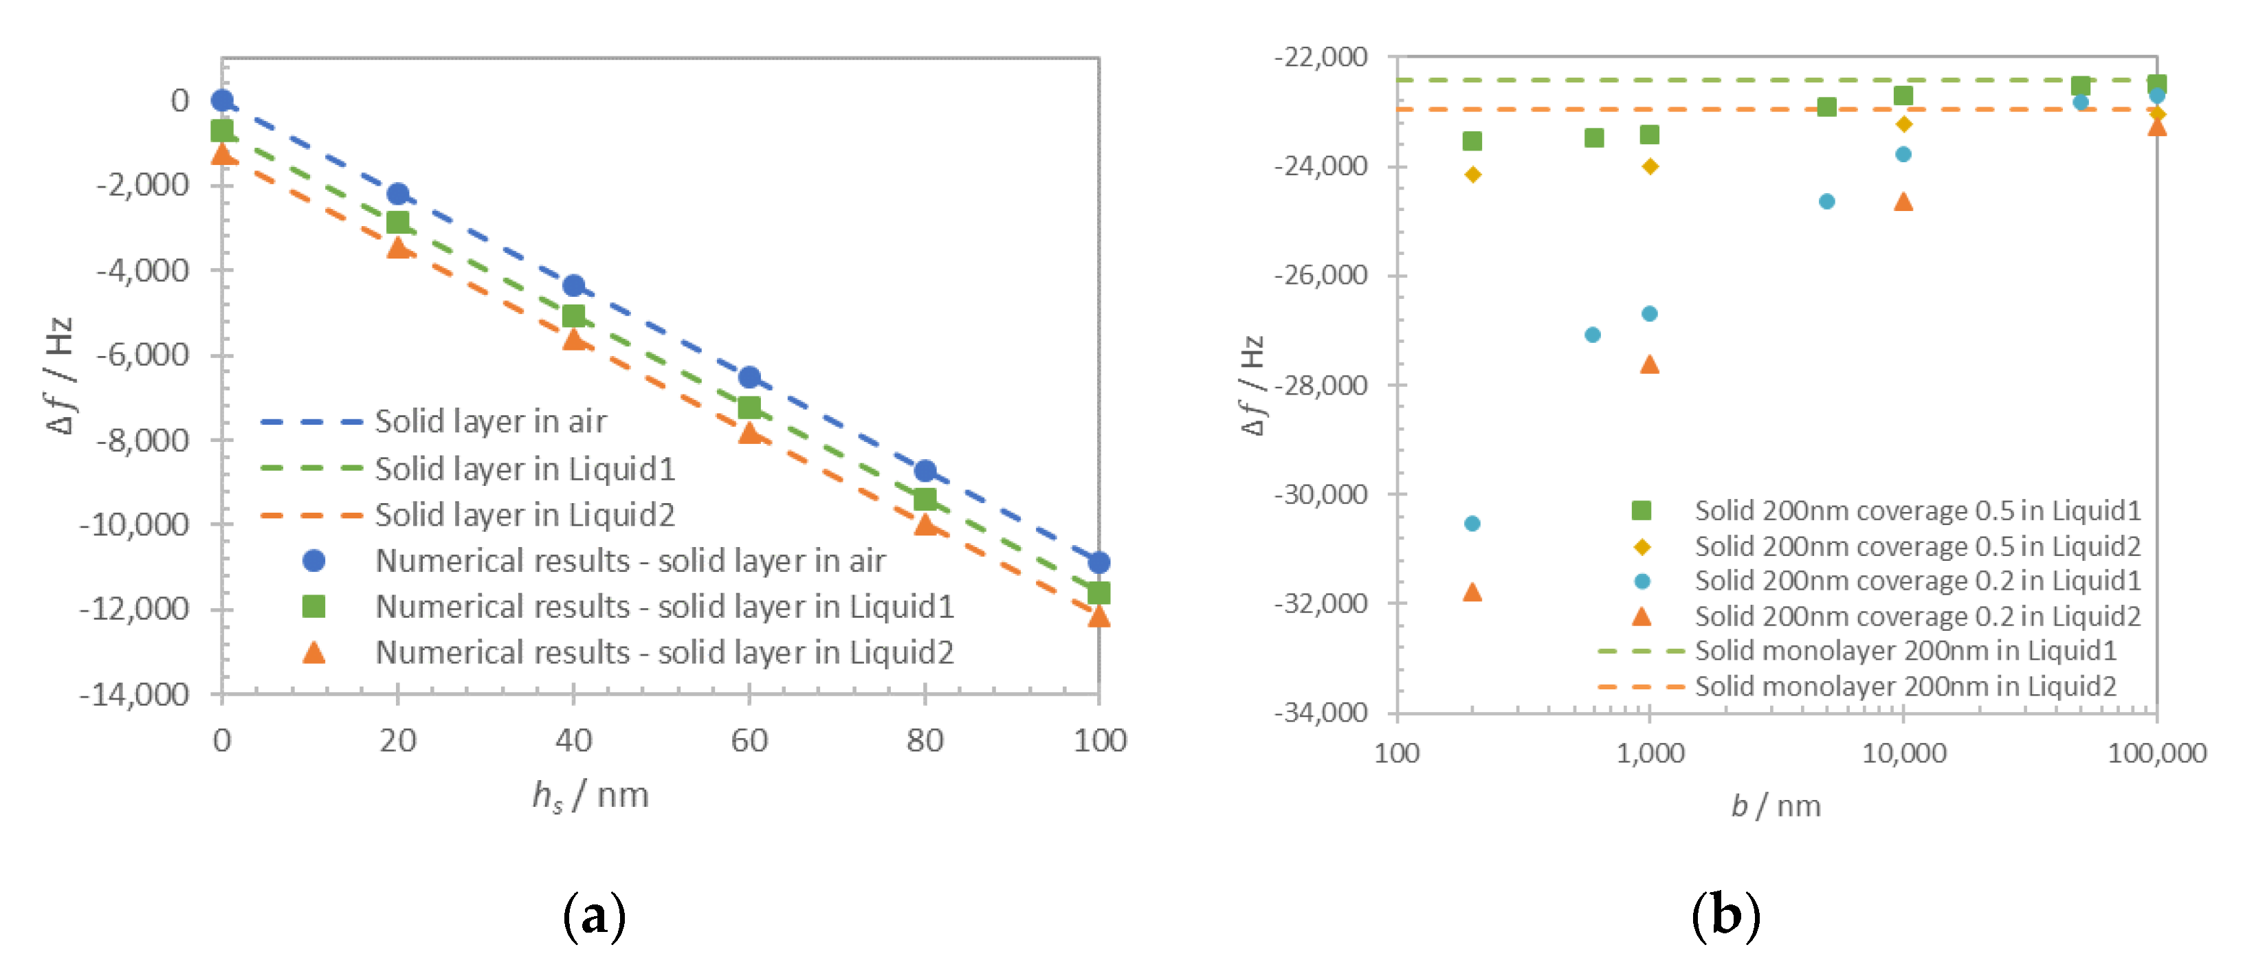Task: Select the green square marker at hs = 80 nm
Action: (925, 500)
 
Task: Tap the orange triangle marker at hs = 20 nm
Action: (398, 248)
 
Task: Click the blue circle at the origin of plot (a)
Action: (222, 101)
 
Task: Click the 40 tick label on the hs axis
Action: (573, 741)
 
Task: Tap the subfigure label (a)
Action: (594, 915)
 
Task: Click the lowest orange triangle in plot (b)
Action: (1472, 592)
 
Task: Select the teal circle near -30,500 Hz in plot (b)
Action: (1472, 524)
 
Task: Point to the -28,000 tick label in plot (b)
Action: (1320, 386)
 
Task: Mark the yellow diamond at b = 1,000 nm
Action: (1649, 166)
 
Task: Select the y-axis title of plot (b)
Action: (1251, 385)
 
